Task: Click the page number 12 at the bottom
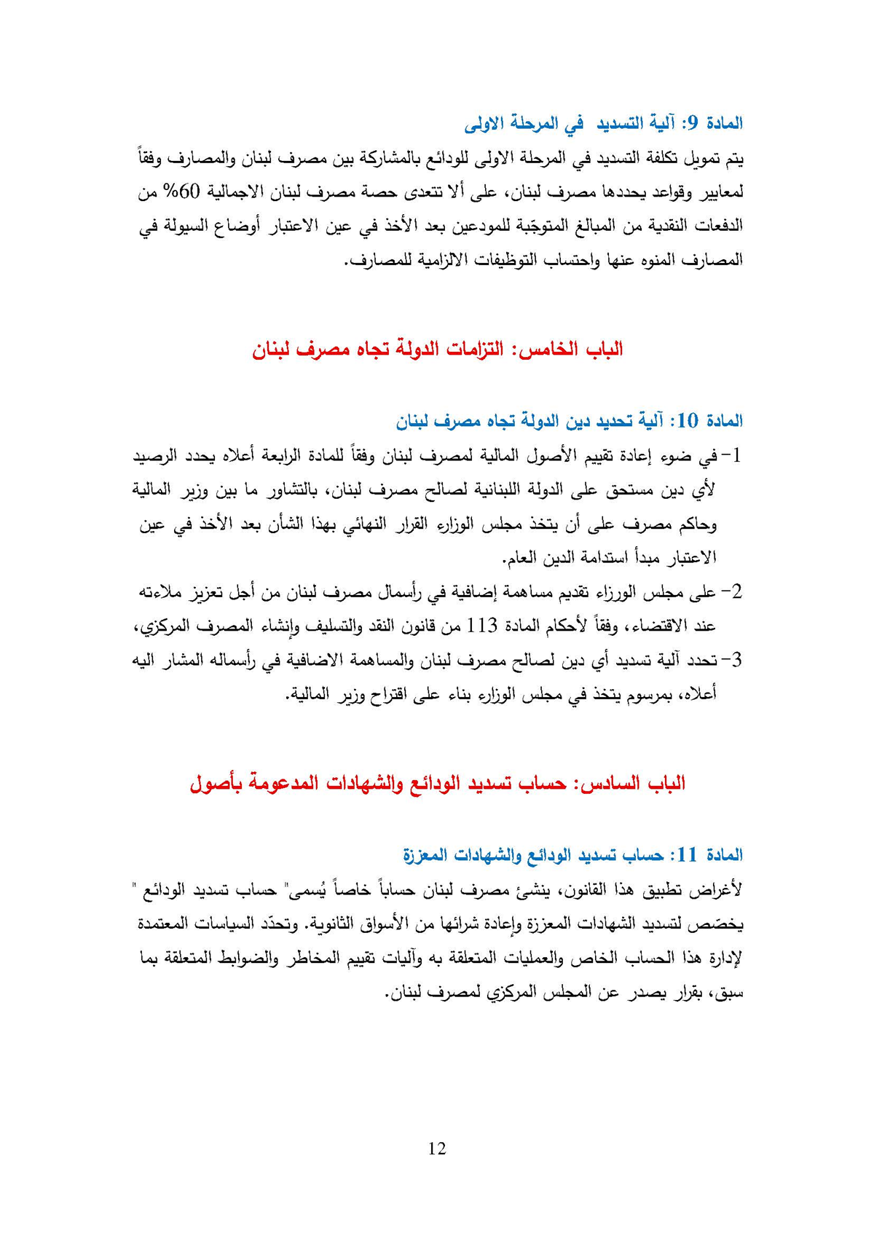tap(437, 1149)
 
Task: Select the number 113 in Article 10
tap(481, 625)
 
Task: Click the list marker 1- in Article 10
tap(731, 457)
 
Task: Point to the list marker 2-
tap(731, 592)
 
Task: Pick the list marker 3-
tap(731, 660)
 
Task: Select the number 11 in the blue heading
tap(688, 854)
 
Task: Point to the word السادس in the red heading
tap(608, 784)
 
